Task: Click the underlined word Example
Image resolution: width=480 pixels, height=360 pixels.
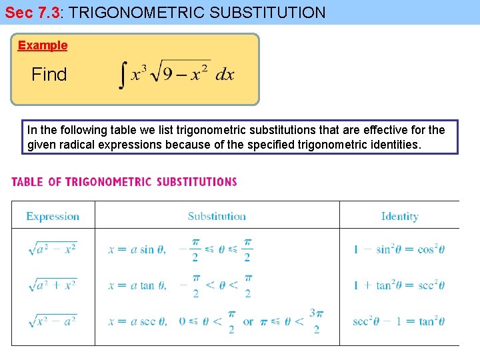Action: pos(43,45)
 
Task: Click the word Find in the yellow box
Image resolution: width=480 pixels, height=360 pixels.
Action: pos(49,75)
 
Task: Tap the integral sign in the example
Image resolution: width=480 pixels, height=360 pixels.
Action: pos(122,75)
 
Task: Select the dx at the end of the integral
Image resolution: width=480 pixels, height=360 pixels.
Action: pos(225,75)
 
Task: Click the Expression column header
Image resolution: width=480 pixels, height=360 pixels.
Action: pos(53,216)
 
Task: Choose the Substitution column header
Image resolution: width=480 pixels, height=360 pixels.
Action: pos(217,216)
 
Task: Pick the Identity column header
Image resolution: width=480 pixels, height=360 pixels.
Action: pos(399,216)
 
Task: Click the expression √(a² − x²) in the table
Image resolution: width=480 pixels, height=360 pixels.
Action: pos(53,249)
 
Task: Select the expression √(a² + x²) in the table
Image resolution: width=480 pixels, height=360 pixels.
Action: pos(53,285)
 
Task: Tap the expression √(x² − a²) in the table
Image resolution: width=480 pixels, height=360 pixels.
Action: pos(53,321)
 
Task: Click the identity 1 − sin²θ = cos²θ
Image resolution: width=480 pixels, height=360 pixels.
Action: pos(399,250)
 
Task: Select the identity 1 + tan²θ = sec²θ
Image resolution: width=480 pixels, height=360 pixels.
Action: pos(399,285)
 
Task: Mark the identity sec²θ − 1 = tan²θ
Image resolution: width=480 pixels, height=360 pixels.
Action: pos(399,321)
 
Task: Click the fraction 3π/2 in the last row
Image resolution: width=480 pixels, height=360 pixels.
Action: pos(316,321)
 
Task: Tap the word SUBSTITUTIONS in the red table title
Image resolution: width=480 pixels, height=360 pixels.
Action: pos(197,182)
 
